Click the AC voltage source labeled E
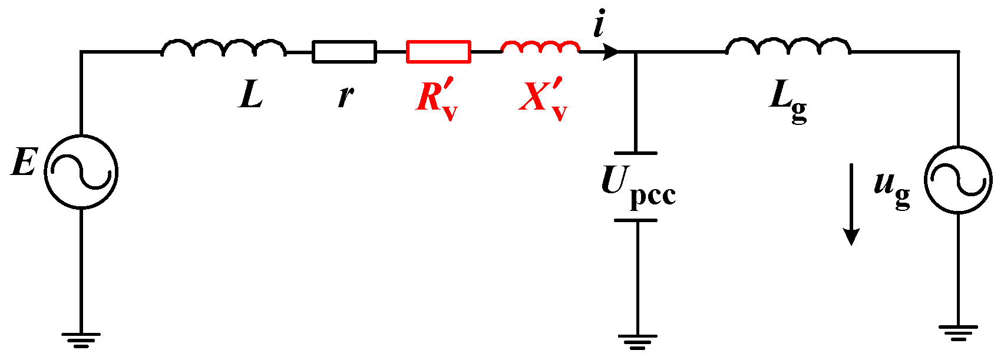coord(81,172)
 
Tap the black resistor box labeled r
coord(344,52)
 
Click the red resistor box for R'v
coord(438,52)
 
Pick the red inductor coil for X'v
coord(540,47)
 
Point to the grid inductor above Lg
coord(788,47)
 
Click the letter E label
coord(24,162)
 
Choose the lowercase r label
coord(346,95)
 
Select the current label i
coord(599,27)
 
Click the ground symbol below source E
coord(81,339)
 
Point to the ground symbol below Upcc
coord(638,341)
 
